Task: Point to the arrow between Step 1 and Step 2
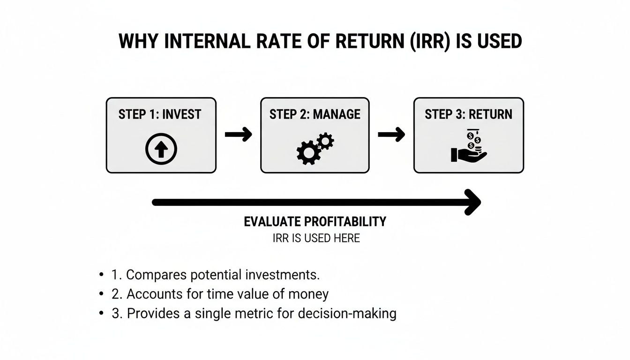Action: pyautogui.click(x=238, y=135)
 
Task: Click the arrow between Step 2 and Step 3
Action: pyautogui.click(x=391, y=135)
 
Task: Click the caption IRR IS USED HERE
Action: pyautogui.click(x=316, y=238)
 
